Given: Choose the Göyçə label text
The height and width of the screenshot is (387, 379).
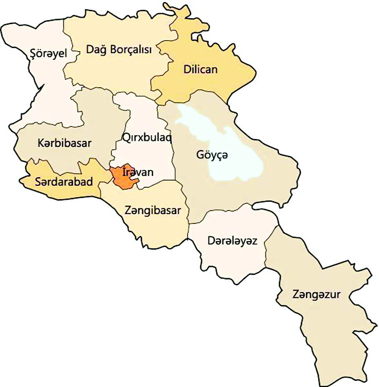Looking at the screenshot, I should click(212, 154).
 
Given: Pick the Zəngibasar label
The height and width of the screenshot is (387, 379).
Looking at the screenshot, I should click(153, 211).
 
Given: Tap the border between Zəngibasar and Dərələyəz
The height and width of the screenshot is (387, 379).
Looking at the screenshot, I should click(189, 227).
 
